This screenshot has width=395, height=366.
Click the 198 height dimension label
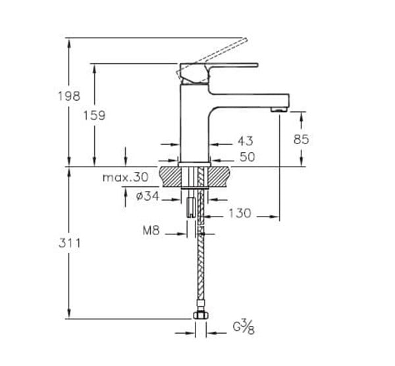pos(68,96)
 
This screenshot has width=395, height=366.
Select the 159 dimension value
pos(94,115)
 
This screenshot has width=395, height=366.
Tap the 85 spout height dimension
pos(302,139)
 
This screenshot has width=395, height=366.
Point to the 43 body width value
pos(245,141)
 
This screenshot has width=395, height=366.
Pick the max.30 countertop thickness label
pos(126,178)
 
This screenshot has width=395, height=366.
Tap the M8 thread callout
pos(151,231)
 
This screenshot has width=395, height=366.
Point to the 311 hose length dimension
pos(68,243)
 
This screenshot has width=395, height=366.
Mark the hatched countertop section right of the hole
pos(220,176)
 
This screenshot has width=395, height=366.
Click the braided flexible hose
pos(200,270)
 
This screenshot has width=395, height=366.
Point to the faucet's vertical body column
pos(195,125)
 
